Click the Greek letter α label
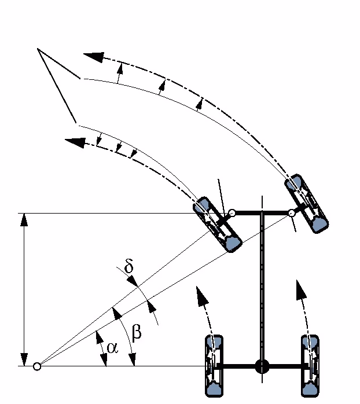[x=112, y=348]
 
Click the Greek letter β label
[x=137, y=332]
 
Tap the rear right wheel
[x=311, y=366]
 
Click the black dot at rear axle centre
[x=262, y=366]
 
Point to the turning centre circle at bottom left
[x=37, y=366]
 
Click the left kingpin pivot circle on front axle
[x=231, y=213]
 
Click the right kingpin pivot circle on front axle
[x=291, y=214]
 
